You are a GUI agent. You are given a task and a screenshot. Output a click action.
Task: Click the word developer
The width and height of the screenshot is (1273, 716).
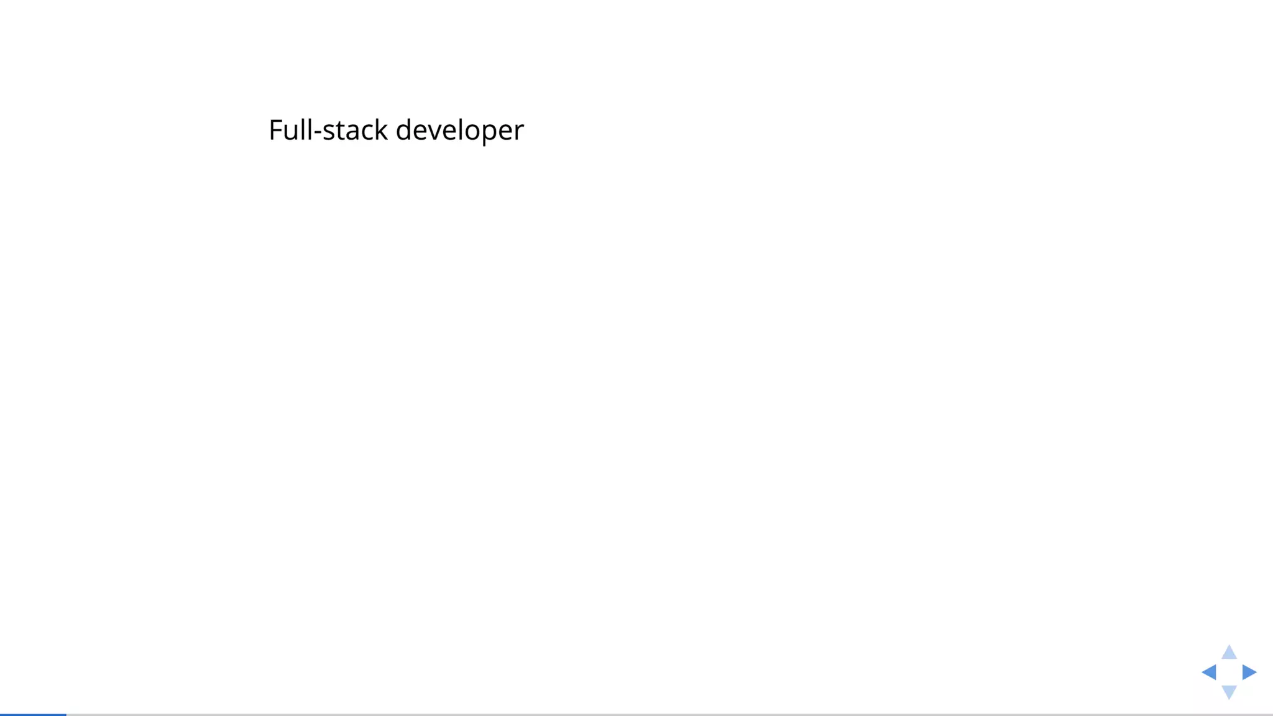[x=459, y=131]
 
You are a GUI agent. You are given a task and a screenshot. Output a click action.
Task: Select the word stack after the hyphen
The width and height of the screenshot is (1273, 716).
[x=355, y=131]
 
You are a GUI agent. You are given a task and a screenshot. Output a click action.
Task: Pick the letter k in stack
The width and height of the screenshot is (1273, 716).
[x=381, y=130]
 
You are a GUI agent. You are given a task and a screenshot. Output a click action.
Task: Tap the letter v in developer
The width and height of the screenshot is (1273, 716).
[x=436, y=132]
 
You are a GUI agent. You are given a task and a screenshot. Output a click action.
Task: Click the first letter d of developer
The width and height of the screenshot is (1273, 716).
[x=404, y=131]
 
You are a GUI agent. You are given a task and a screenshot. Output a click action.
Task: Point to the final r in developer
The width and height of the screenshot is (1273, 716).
[x=520, y=132]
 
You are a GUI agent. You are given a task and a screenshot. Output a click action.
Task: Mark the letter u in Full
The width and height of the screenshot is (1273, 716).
[x=290, y=132]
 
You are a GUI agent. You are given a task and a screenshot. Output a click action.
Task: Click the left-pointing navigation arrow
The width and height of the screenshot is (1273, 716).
[x=1209, y=672]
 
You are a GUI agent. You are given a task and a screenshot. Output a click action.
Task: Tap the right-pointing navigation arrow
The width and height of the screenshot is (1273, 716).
[x=1249, y=672]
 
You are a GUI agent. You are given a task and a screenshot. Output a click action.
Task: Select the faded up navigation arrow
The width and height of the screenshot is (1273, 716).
[x=1229, y=653]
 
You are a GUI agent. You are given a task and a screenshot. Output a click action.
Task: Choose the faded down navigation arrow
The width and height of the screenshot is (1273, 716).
[x=1229, y=691]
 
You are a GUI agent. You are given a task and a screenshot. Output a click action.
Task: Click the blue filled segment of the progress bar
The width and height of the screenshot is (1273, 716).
[x=33, y=714]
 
